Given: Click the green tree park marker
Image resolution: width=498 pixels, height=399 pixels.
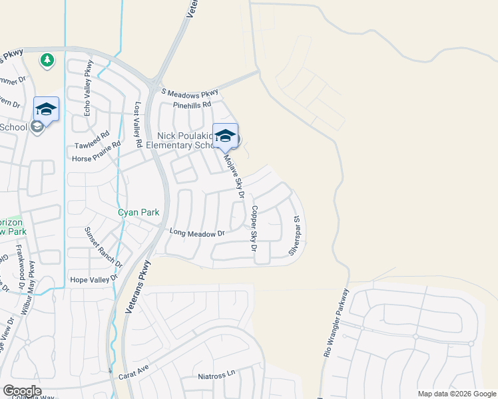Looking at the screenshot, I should point(47,61).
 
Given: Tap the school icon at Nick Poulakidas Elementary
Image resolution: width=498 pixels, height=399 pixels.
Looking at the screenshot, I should point(225,136).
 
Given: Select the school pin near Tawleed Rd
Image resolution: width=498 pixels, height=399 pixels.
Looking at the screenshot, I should point(46,108).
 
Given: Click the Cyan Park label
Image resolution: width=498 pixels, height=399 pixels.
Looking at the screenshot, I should point(138,212).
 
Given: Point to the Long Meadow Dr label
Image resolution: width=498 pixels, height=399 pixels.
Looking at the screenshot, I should point(198,233).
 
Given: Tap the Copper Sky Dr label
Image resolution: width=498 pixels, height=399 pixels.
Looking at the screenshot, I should point(253,227).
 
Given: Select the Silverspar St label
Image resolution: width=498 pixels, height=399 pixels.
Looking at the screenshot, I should point(295,235).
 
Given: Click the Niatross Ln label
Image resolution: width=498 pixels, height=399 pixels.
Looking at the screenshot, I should point(217,376).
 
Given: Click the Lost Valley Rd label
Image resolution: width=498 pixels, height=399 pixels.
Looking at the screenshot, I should point(138,125).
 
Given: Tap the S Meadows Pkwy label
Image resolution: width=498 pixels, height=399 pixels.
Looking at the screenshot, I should point(190,92).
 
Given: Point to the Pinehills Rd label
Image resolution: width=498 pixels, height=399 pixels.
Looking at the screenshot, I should point(192,104).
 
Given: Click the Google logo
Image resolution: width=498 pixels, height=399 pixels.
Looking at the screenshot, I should point(22,391).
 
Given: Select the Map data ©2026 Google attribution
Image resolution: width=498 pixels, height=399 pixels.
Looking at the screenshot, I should point(457,394).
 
